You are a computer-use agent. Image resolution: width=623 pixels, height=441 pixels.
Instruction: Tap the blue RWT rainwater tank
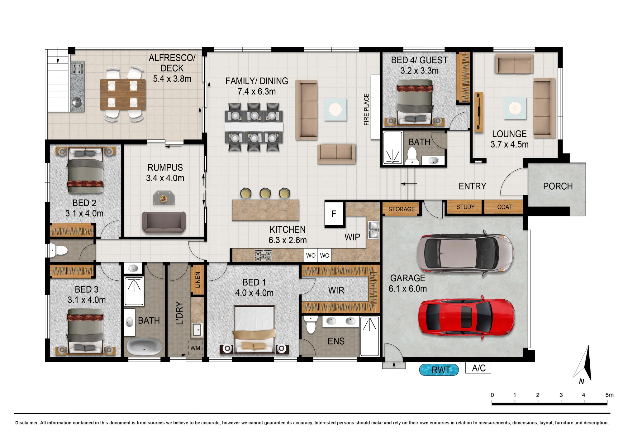coord(439,370)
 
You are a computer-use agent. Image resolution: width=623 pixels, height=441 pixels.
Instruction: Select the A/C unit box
coord(478,368)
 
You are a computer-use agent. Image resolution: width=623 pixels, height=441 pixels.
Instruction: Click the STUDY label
coord(465,207)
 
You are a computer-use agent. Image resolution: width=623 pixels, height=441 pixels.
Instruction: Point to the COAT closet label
coord(505,207)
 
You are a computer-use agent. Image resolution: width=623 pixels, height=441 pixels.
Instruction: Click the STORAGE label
coord(402,209)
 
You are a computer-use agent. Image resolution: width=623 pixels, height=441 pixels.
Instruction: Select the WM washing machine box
coord(195,348)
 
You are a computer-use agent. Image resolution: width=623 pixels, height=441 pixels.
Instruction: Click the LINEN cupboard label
coord(198,279)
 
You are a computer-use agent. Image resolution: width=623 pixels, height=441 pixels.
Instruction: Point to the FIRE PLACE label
coord(366,109)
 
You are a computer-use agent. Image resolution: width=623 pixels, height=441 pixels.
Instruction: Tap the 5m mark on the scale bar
coord(609,395)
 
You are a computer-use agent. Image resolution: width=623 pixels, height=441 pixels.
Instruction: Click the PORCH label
coord(558,186)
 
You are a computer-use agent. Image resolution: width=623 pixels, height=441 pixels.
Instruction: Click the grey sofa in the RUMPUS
coord(164,222)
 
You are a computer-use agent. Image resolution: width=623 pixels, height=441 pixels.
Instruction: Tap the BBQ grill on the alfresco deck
coord(77,69)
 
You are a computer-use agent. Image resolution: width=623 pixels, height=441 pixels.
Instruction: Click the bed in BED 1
coord(254,330)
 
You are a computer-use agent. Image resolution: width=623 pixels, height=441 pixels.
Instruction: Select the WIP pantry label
coord(352,237)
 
